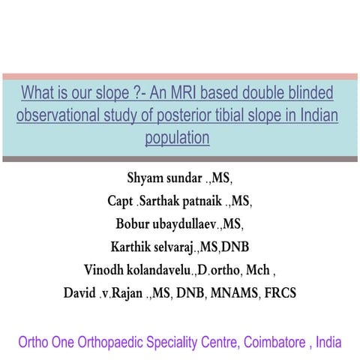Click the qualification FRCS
click(x=278, y=292)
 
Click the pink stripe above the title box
click(x=180, y=76)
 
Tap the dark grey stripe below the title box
click(x=180, y=158)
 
